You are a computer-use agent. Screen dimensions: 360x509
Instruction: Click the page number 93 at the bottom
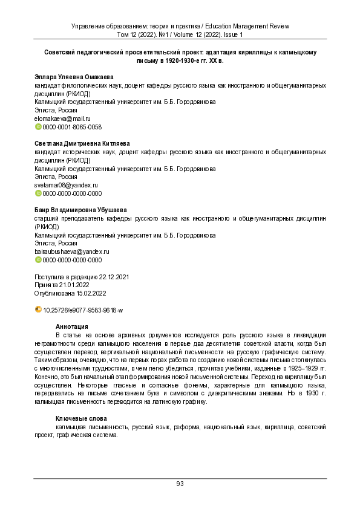pyautogui.click(x=180, y=483)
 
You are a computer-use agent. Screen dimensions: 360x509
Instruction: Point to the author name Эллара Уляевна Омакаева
pyautogui.click(x=74, y=77)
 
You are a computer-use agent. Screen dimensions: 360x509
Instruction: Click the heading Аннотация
pyautogui.click(x=72, y=326)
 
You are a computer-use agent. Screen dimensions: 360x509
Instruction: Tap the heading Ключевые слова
pyautogui.click(x=81, y=418)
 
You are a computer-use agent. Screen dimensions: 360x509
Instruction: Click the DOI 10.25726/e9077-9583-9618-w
pyautogui.click(x=83, y=310)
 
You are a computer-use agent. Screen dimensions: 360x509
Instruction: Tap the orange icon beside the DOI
pyautogui.click(x=38, y=310)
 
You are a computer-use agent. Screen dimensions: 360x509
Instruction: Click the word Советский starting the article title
pyautogui.click(x=61, y=53)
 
